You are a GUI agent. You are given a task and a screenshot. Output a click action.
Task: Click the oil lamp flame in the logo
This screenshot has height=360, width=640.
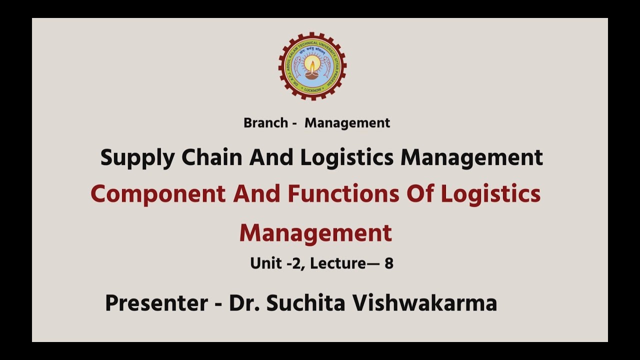(312, 64)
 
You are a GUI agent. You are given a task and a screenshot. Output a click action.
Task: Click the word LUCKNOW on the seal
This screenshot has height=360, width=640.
(312, 90)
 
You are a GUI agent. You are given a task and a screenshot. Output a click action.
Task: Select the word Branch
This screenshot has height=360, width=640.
(265, 123)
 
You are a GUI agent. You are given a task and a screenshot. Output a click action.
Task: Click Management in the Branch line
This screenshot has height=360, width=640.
(347, 123)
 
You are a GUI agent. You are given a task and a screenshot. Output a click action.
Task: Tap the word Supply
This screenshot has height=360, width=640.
(137, 158)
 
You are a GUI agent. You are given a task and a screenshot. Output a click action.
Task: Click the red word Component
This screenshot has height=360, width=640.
(158, 194)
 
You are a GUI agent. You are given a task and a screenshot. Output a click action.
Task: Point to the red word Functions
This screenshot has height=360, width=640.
(343, 194)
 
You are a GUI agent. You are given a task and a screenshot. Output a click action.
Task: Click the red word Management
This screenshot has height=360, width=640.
(315, 233)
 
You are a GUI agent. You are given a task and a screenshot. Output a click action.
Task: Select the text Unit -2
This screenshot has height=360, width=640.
(277, 263)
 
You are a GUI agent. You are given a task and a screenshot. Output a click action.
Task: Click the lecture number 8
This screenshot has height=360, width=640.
(388, 263)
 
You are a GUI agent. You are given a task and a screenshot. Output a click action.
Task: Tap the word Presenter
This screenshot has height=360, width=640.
(156, 303)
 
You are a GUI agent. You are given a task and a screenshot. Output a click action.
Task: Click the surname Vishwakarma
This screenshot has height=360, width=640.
(425, 303)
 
